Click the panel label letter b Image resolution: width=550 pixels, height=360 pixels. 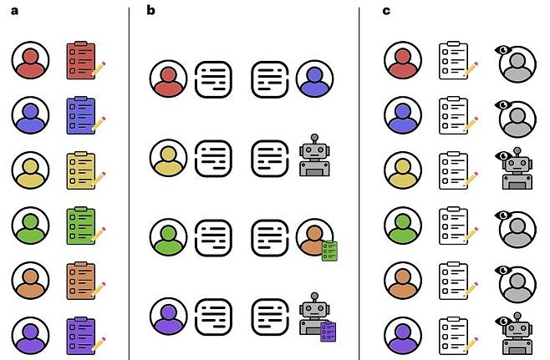click(x=151, y=10)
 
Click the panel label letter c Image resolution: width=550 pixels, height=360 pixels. click(x=386, y=10)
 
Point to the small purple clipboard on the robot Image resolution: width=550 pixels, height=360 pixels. click(x=328, y=331)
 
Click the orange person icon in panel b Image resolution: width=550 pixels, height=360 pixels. click(x=313, y=236)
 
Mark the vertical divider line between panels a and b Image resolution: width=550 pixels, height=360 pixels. click(x=129, y=180)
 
